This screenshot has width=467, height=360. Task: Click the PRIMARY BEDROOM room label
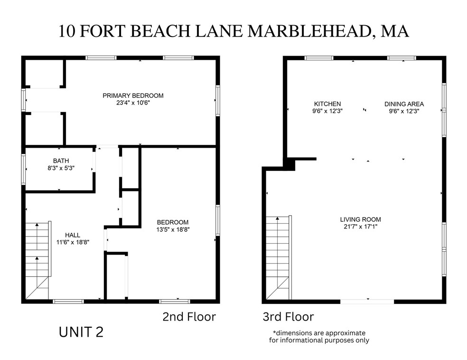pos(133,95)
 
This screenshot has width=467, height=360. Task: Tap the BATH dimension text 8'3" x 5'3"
pos(61,168)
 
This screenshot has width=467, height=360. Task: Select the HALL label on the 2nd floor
pos(73,235)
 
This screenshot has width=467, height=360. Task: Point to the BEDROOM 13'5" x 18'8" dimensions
pos(173,229)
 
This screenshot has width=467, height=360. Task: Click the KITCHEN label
pos(327,104)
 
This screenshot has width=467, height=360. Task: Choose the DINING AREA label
pos(404,104)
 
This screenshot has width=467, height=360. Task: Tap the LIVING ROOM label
pos(360,219)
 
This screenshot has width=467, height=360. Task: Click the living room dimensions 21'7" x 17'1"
pos(360,227)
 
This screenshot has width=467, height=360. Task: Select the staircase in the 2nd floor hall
pos(37,259)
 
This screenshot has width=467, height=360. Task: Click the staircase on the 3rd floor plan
pos(278,256)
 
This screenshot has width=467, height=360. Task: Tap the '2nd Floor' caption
pos(189,317)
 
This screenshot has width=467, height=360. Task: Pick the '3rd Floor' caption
pos(288,317)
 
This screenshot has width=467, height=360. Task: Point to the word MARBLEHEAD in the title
pos(309,31)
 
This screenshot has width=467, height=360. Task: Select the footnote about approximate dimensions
pos(318,336)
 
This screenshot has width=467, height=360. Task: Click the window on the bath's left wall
pos(23,169)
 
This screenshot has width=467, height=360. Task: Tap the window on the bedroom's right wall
pos(218,220)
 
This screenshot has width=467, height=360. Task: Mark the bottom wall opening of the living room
pos(367,301)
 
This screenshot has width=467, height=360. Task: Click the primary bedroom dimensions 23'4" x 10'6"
pos(133,103)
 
